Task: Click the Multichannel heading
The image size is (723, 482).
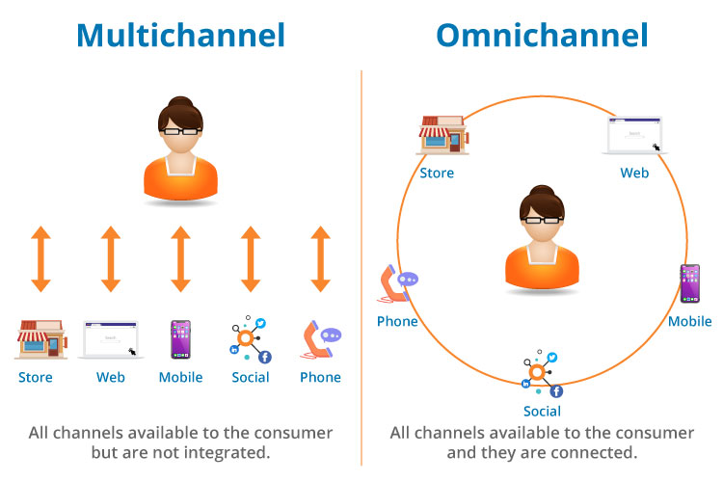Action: [180, 36]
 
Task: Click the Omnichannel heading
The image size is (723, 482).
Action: [542, 36]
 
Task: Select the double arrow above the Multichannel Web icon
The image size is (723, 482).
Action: [111, 258]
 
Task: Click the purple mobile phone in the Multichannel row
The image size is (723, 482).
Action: [180, 339]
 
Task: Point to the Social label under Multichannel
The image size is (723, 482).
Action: [251, 377]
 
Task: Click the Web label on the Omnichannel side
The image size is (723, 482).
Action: [634, 174]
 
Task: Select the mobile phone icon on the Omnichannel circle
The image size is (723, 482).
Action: [689, 284]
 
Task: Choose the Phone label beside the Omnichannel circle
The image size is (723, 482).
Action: [397, 321]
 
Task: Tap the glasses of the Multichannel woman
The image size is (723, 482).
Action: [180, 129]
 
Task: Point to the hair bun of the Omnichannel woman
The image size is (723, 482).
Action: [541, 191]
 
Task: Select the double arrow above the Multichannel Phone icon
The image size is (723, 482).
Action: [321, 258]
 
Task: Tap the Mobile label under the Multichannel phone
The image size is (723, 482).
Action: [180, 377]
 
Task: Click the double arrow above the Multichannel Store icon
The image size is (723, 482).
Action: [40, 258]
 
